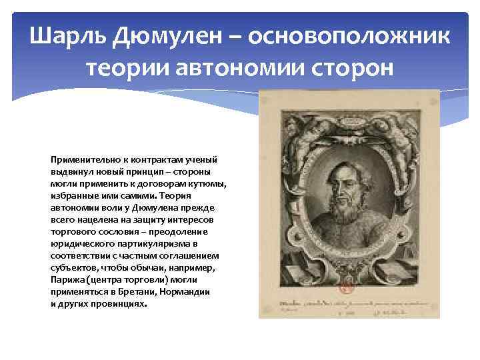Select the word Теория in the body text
click(x=176, y=196)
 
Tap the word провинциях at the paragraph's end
click(x=121, y=303)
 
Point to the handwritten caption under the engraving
click(x=347, y=305)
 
